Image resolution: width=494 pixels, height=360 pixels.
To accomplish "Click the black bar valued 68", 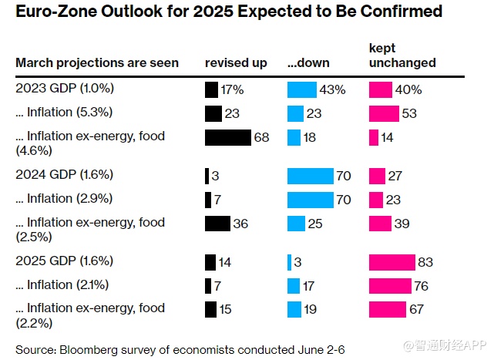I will coord(228,137).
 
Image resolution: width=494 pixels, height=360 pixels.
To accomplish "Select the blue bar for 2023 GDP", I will coord(301,89).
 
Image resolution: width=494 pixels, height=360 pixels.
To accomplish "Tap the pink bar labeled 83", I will coord(392,262).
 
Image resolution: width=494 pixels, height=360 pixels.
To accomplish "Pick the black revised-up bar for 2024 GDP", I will coord(207,176).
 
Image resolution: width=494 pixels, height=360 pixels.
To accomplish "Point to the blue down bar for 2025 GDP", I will coord(289,262).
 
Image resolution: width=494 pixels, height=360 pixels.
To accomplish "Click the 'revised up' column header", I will coord(236,62).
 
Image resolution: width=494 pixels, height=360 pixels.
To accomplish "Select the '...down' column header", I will coord(309,62).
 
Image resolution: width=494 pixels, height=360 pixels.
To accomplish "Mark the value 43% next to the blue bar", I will coord(333,90).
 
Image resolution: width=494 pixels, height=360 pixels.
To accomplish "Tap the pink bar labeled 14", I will coord(374,137).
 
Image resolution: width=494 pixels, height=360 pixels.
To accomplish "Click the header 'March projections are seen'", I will coord(97,62).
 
